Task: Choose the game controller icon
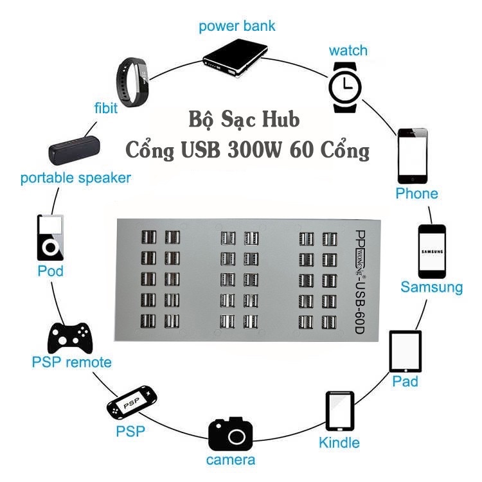click(x=71, y=335)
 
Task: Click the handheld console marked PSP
click(x=131, y=402)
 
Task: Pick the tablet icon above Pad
click(x=405, y=352)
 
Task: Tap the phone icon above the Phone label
click(x=412, y=156)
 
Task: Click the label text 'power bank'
click(x=237, y=26)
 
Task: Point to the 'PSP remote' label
click(x=71, y=362)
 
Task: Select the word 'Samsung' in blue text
click(x=431, y=287)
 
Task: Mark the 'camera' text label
click(x=230, y=460)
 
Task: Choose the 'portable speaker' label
click(x=75, y=178)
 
